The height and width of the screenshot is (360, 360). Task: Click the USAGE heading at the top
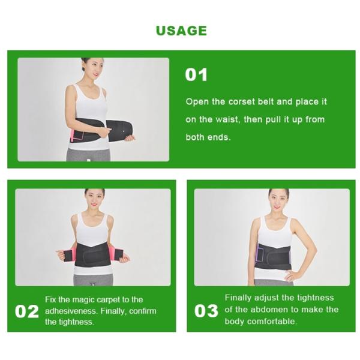point(181,31)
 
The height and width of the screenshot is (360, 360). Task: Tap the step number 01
point(196,75)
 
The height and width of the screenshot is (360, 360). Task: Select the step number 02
point(27,311)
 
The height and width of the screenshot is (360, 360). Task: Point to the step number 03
point(206,311)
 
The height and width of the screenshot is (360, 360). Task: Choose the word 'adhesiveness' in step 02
point(72,311)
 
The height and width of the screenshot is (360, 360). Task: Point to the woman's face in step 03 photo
point(277,200)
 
